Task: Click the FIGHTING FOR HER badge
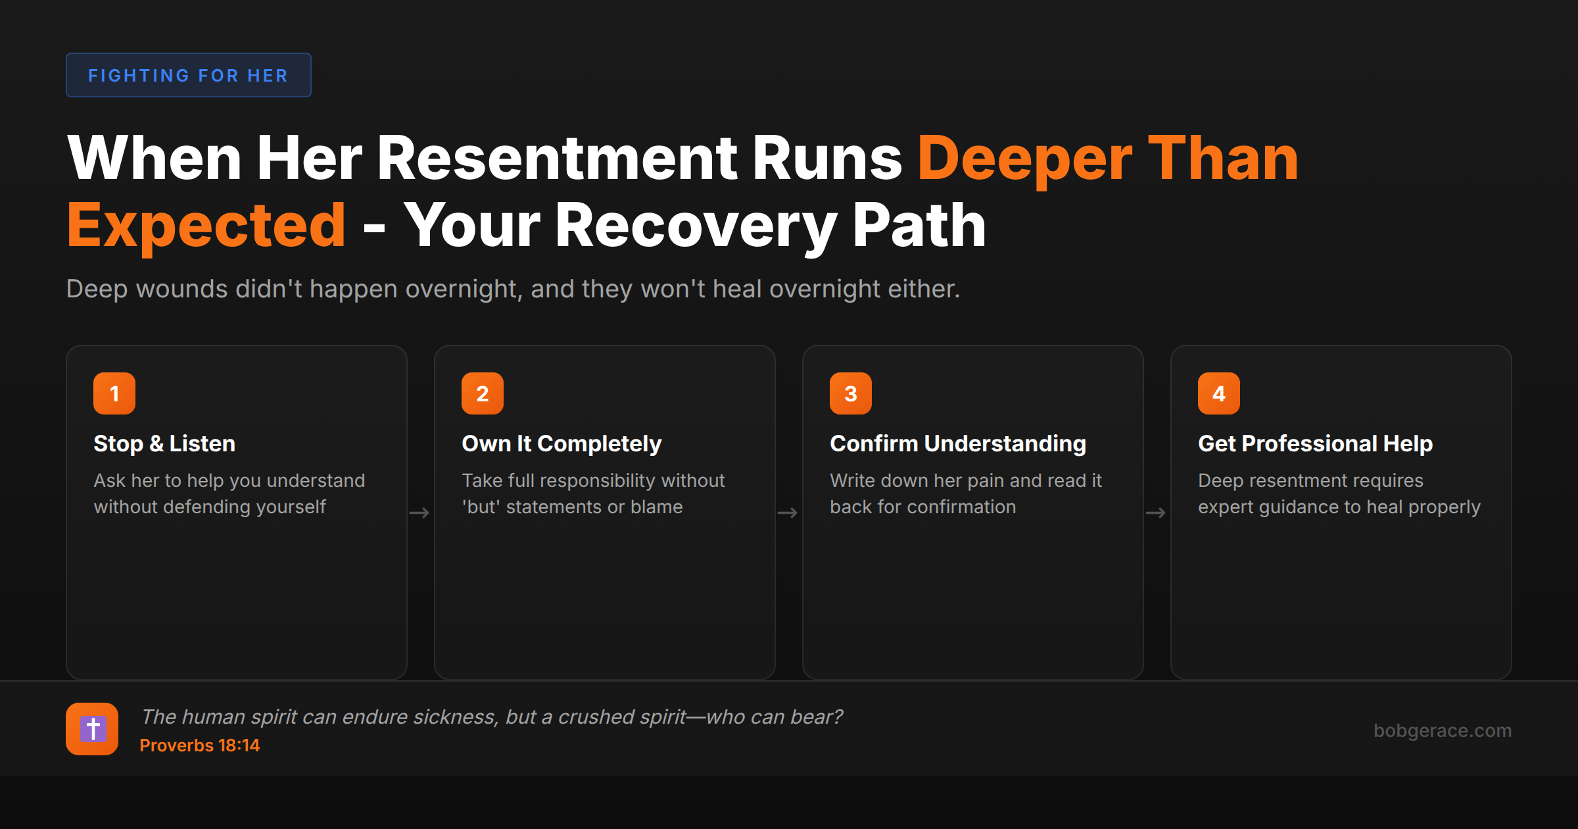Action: coord(188,76)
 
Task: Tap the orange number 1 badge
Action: coord(114,393)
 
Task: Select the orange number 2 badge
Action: coord(483,393)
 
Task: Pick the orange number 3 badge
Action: coord(851,393)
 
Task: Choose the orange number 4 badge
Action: coord(1219,393)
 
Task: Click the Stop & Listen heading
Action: coord(164,444)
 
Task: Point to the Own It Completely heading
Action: coord(562,444)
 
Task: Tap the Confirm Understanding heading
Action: coord(957,444)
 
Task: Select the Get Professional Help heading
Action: coord(1315,444)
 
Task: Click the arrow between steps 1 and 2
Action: coord(419,513)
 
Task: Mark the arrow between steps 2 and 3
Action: coord(788,513)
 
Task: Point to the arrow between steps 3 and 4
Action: coord(1156,513)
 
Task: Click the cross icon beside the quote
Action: coord(92,729)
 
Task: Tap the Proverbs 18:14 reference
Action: coord(200,745)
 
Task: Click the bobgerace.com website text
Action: coord(1443,730)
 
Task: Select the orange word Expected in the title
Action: coord(206,226)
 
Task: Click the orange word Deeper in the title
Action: coord(1024,159)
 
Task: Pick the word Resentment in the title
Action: coord(557,159)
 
